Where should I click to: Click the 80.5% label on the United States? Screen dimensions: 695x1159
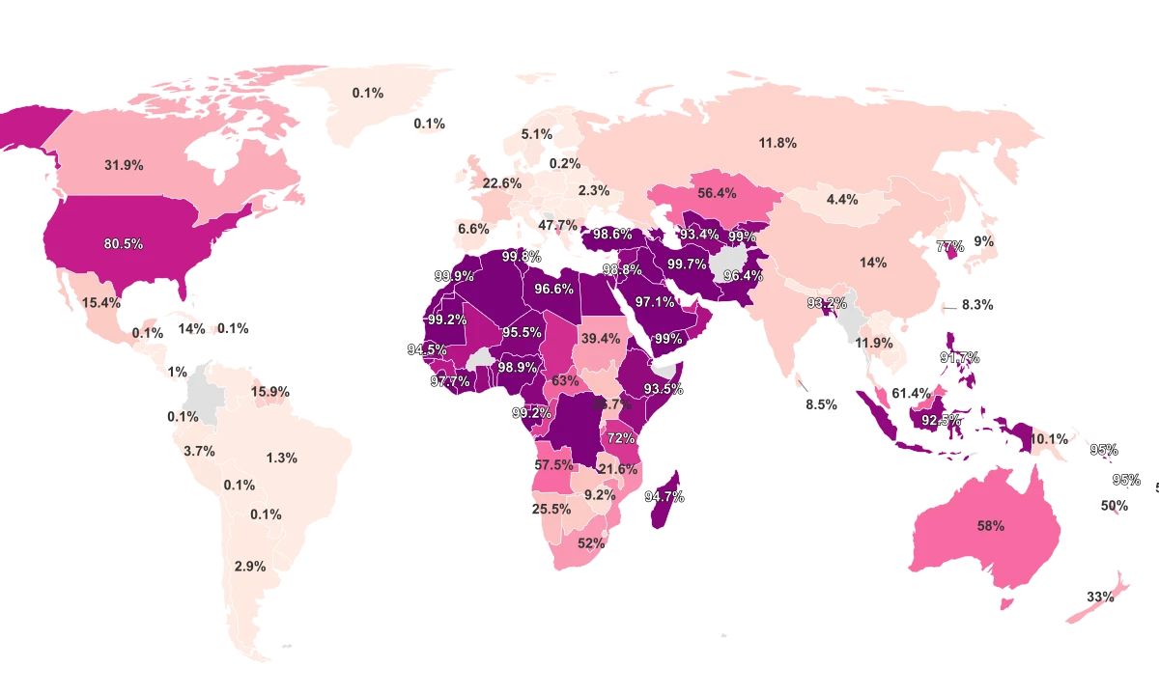(124, 244)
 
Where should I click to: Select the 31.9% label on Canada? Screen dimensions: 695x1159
(124, 165)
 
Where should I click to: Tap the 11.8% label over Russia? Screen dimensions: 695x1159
(777, 143)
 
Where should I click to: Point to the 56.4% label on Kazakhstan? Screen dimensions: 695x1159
(717, 193)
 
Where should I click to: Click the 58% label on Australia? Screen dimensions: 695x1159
(990, 526)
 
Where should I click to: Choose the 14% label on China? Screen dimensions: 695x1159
(873, 263)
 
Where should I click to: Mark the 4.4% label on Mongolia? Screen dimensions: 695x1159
(842, 200)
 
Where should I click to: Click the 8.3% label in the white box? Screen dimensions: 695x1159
(977, 304)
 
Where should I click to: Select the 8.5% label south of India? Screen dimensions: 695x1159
(821, 404)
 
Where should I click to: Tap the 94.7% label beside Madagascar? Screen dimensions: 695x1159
(664, 496)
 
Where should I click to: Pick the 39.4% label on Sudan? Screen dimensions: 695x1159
(601, 338)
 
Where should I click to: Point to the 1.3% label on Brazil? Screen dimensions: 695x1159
(281, 458)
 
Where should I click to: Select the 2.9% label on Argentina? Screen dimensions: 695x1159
(249, 566)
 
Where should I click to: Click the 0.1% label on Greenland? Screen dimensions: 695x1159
(367, 93)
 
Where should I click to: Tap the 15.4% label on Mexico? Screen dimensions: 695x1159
(101, 302)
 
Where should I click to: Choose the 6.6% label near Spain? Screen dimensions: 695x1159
(473, 229)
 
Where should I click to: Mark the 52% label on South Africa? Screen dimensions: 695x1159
(591, 542)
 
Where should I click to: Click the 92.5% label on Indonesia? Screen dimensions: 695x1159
(942, 420)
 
